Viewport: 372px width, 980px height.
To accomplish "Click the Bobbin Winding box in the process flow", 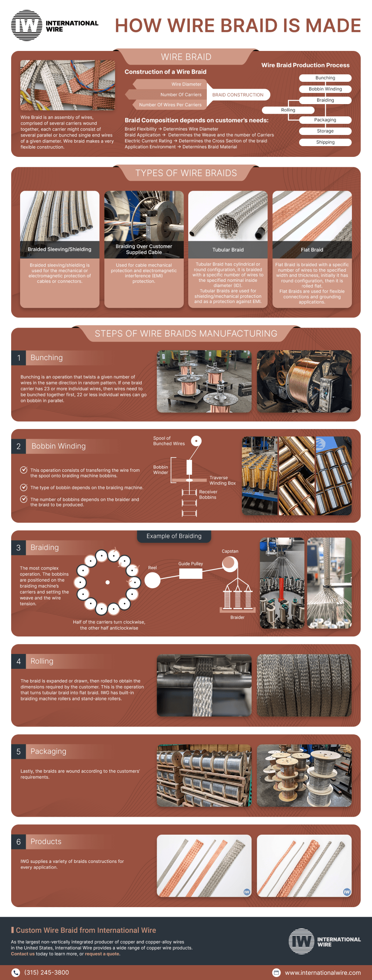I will click(325, 89).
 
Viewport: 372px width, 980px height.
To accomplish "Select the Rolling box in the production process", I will click(288, 110).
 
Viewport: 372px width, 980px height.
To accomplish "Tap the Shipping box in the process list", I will click(325, 142).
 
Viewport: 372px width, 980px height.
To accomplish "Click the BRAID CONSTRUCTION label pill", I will click(238, 95).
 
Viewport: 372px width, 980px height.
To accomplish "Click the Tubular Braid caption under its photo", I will click(228, 249).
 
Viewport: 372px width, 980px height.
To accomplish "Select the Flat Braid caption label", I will click(312, 249).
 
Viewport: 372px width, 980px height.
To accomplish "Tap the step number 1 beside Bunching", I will click(19, 358).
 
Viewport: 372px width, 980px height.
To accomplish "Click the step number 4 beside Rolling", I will click(19, 661).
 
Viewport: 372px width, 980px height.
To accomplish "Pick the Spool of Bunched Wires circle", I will click(196, 441).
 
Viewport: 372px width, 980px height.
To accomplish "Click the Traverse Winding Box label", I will click(222, 480).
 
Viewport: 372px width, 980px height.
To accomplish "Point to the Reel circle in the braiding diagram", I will click(152, 580).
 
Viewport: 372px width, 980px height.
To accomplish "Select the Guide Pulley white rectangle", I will click(190, 574).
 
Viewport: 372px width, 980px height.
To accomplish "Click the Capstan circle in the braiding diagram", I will click(230, 564).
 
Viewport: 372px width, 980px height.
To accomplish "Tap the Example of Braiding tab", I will click(174, 536).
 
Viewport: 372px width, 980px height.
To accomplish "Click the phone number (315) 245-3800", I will click(46, 972).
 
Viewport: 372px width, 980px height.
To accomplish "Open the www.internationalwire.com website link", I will click(323, 973).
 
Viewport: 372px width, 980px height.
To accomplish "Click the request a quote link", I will click(102, 954).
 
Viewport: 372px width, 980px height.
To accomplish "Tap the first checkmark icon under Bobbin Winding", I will click(23, 470).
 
